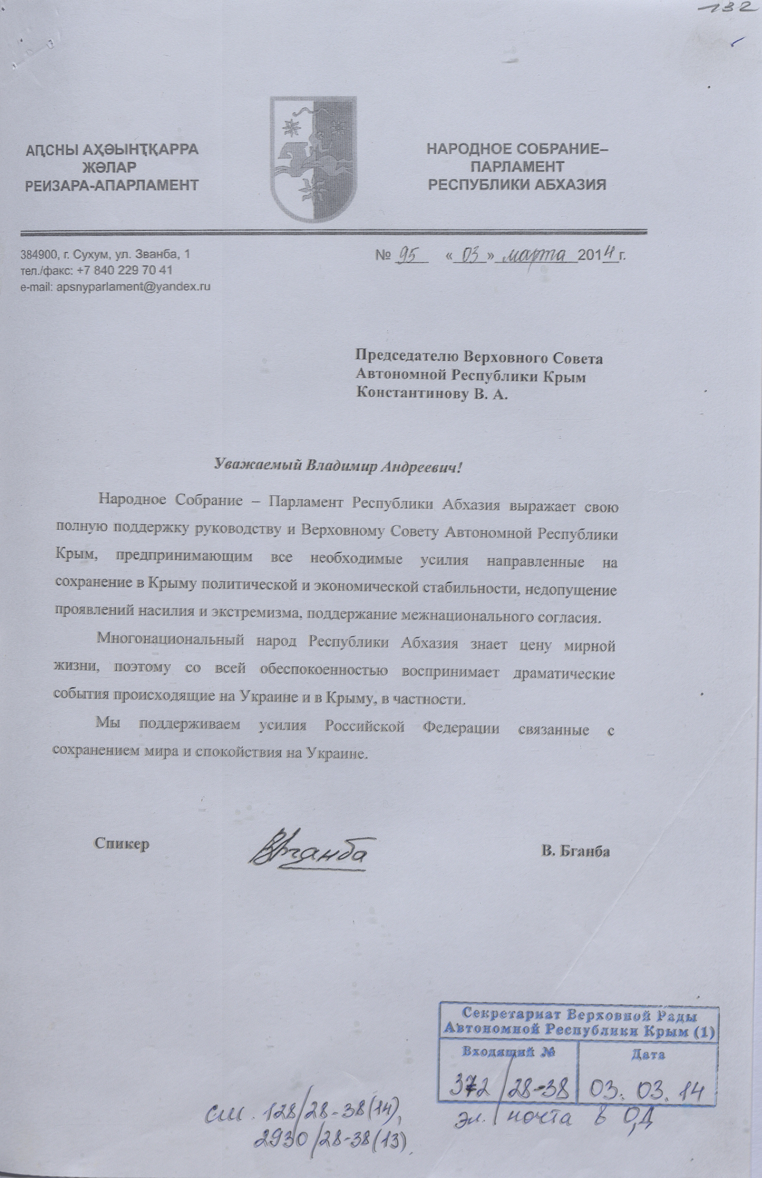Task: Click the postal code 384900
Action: pos(37,254)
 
